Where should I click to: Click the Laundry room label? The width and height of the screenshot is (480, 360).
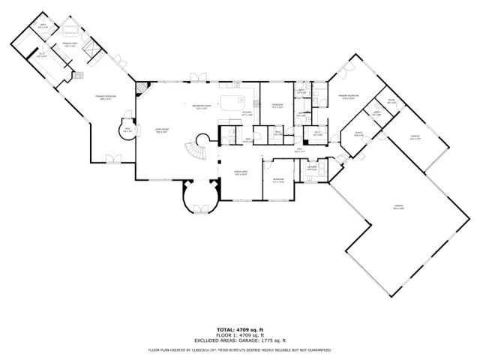coord(311,169)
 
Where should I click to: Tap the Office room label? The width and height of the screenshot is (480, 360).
coord(358,134)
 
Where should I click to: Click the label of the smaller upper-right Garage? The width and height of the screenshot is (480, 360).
coord(415,137)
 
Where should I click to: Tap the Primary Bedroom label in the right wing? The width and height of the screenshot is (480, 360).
coord(347,96)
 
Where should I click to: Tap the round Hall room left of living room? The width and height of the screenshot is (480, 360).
coord(127,131)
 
